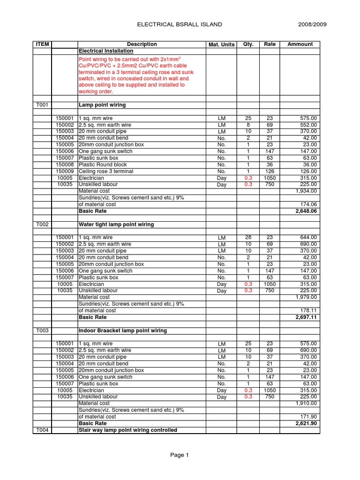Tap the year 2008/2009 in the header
point(313,24)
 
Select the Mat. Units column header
point(221,45)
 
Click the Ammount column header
point(300,44)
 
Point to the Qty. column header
point(248,44)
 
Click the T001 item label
point(42,105)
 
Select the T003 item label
point(42,330)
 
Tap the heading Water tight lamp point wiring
point(116,225)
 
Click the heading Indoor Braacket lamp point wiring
point(122,330)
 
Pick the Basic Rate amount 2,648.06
point(305,211)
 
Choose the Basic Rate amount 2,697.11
point(305,317)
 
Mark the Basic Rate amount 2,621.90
point(305,423)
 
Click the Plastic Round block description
point(100,165)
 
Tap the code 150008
point(65,165)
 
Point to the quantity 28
point(248,238)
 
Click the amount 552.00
point(308,125)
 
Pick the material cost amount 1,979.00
point(306,297)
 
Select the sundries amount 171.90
point(308,417)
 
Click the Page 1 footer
point(180,455)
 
